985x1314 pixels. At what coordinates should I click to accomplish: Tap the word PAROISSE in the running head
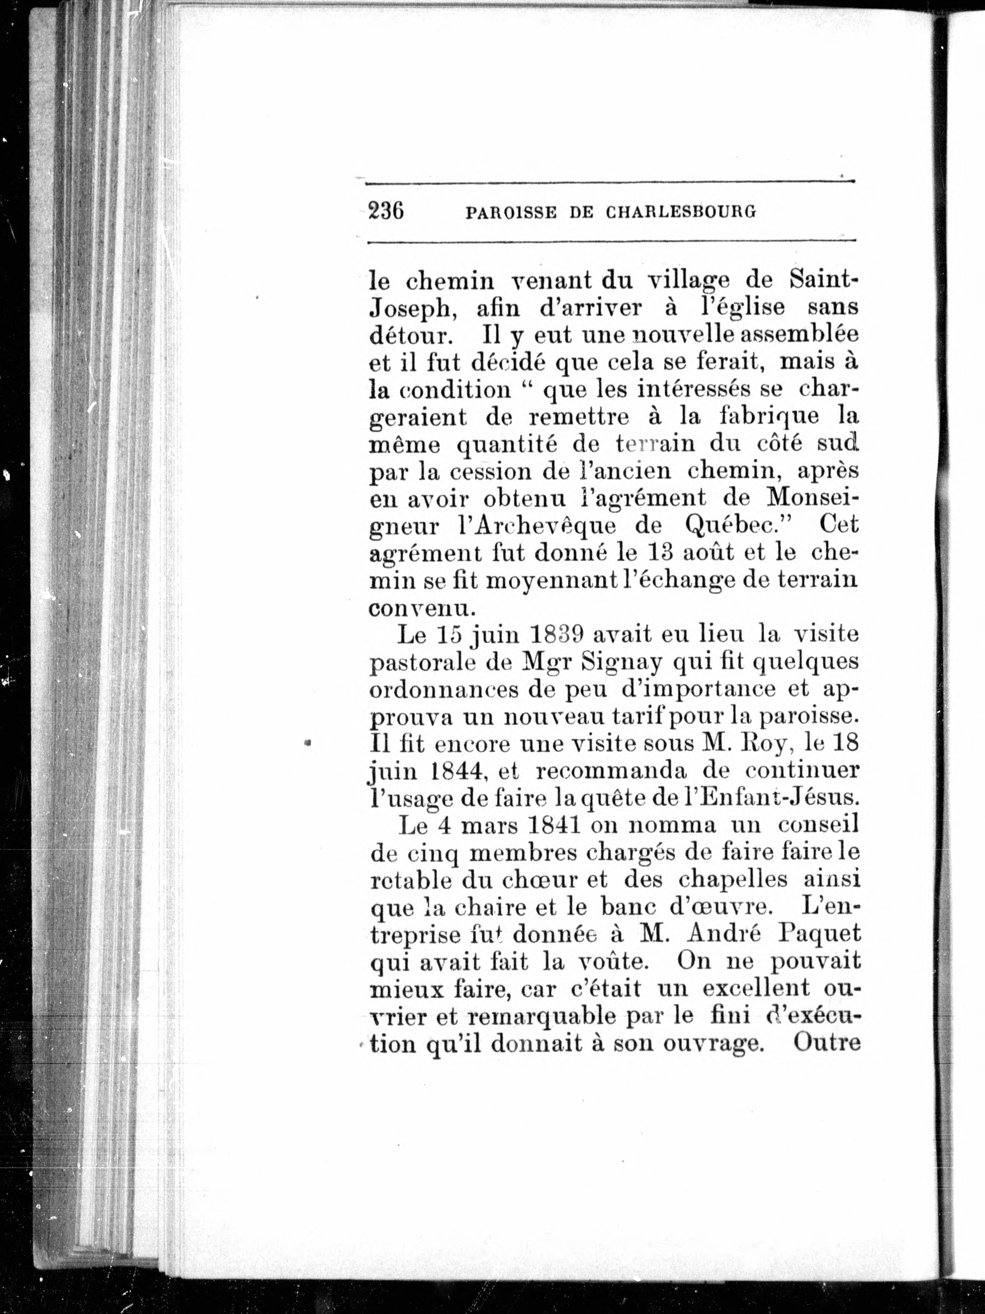(x=510, y=212)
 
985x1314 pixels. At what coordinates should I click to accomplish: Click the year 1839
(x=553, y=635)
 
